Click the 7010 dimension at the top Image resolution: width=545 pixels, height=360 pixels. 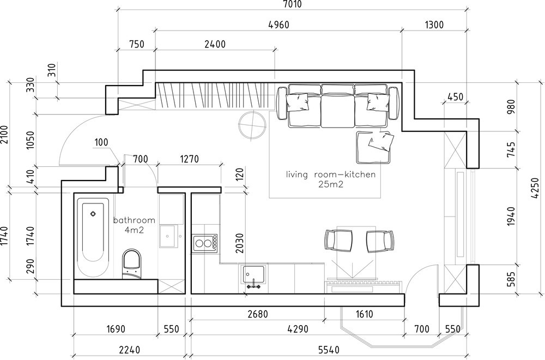pyautogui.click(x=293, y=4)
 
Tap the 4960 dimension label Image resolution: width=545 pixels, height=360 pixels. pyautogui.click(x=279, y=25)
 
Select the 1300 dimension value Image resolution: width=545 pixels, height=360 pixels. pyautogui.click(x=434, y=25)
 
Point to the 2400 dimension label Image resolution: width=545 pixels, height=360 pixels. pyautogui.click(x=215, y=44)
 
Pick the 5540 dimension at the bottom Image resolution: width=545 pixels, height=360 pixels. pyautogui.click(x=329, y=350)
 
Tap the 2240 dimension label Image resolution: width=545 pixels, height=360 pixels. pyautogui.click(x=130, y=350)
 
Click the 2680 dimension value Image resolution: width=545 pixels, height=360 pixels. pyautogui.click(x=258, y=314)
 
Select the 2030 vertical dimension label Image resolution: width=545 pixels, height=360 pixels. pyautogui.click(x=239, y=243)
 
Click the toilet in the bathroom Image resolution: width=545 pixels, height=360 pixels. pyautogui.click(x=132, y=264)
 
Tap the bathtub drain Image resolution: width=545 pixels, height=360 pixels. pyautogui.click(x=93, y=214)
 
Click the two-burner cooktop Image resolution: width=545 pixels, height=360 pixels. pyautogui.click(x=205, y=243)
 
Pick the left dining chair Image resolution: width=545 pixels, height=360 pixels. pyautogui.click(x=338, y=241)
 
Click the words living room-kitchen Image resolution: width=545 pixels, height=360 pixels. pyautogui.click(x=331, y=174)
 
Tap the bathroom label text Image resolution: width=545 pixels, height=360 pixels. pyautogui.click(x=134, y=220)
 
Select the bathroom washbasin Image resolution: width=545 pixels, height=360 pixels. pyautogui.click(x=168, y=236)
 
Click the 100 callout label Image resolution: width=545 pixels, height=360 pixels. pyautogui.click(x=101, y=142)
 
